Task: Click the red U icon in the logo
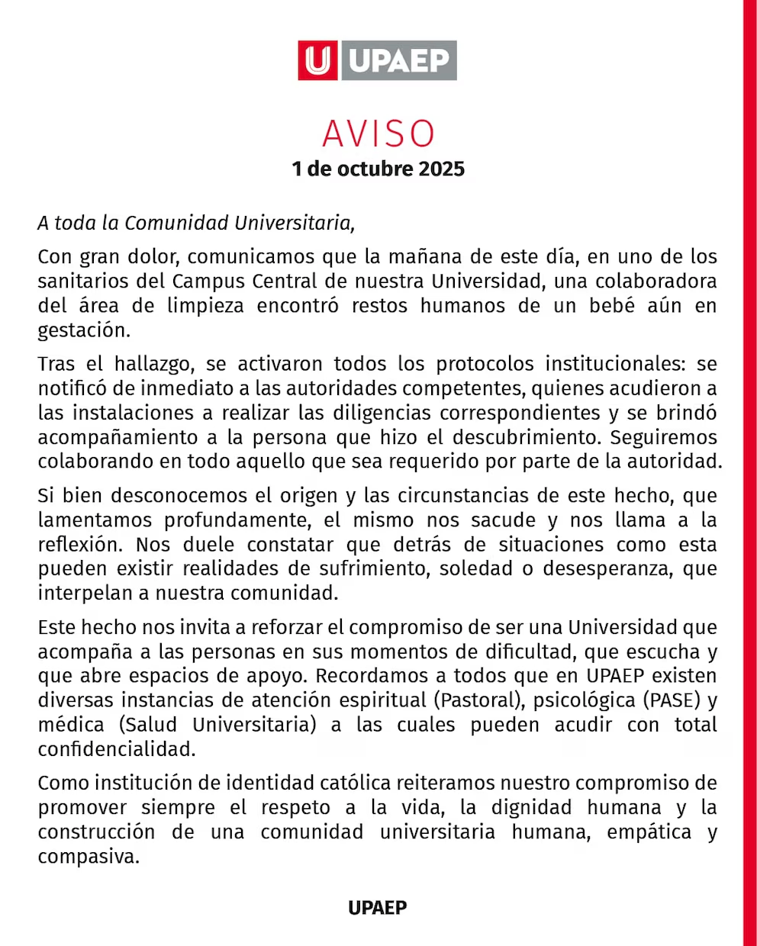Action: point(317,60)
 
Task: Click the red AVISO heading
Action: point(378,134)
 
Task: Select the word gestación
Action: point(84,330)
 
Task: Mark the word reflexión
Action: point(80,545)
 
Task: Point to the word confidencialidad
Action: point(117,749)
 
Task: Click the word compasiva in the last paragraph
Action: point(89,857)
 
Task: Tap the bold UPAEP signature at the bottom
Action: point(378,908)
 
